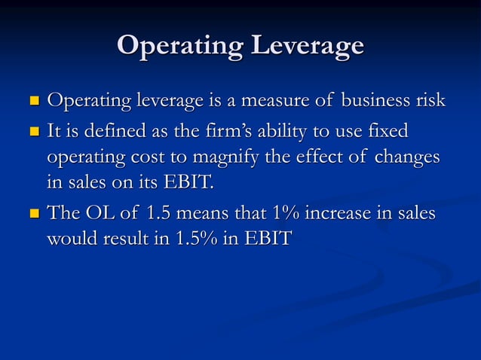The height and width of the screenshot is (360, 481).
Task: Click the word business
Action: pyautogui.click(x=375, y=100)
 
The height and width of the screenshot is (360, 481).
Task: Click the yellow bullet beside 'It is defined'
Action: pyautogui.click(x=33, y=133)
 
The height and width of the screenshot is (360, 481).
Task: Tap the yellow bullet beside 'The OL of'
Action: pyautogui.click(x=33, y=215)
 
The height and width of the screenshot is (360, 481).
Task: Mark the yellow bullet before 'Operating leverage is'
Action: pyautogui.click(x=33, y=102)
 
